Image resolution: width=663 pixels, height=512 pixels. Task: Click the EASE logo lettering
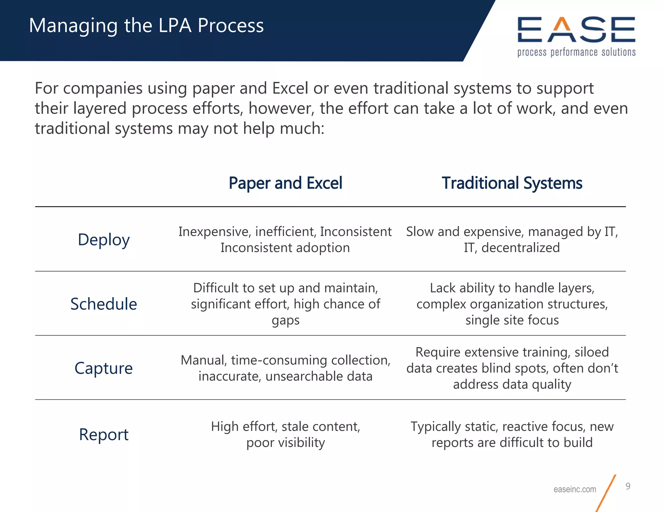[x=576, y=30]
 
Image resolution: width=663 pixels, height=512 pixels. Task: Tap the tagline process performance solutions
[x=576, y=52]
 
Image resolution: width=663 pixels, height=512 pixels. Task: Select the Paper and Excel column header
[x=285, y=183]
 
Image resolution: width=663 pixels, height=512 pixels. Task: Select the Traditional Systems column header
[x=512, y=183]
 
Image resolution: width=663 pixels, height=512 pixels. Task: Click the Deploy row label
[x=104, y=240]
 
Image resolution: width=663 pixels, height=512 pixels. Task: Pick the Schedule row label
[x=104, y=304]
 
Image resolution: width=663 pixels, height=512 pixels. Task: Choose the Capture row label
[x=104, y=368]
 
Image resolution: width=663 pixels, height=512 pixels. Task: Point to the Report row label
[x=104, y=434]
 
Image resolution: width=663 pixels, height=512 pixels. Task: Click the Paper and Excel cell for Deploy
[x=285, y=239]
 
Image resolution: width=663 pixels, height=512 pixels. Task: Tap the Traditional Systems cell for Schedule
[x=512, y=304]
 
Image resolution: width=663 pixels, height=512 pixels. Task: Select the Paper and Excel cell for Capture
[x=285, y=368]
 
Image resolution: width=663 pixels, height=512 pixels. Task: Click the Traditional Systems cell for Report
[x=512, y=434]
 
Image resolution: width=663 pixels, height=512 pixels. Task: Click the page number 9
[x=628, y=486]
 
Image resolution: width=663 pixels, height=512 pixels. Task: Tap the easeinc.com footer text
[x=575, y=489]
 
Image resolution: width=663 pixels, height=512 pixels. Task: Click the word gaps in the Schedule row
[x=286, y=320]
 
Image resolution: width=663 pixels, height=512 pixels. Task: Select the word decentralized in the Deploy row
[x=521, y=248]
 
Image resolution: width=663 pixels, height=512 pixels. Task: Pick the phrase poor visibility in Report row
[x=286, y=443]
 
